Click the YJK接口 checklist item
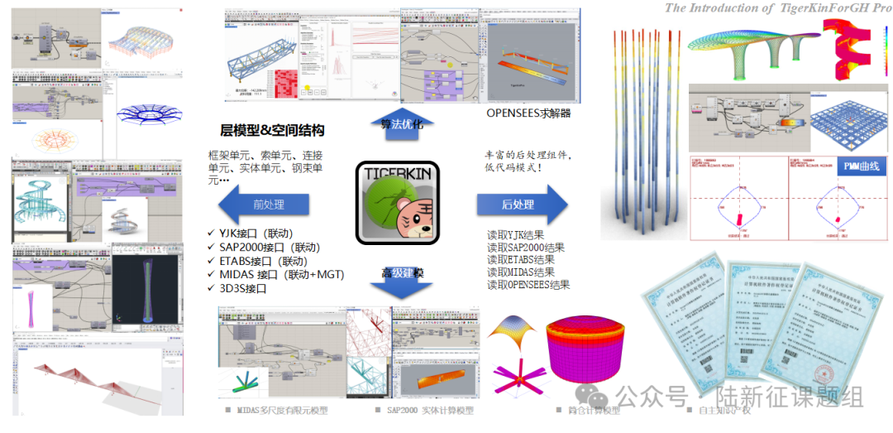click(x=257, y=233)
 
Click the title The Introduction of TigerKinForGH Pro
click(x=778, y=7)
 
